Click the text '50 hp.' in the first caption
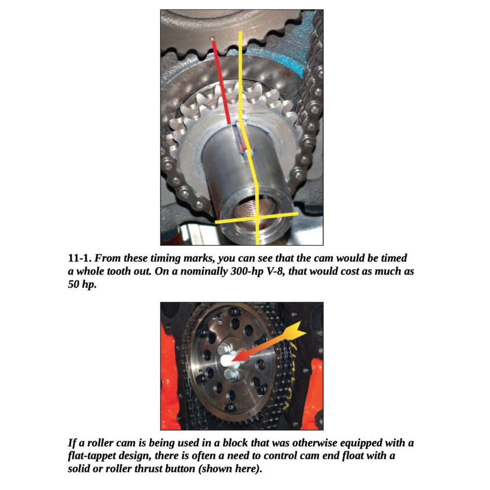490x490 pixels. tap(82, 284)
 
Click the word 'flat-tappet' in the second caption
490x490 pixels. tap(93, 455)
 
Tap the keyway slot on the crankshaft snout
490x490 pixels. tap(239, 139)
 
